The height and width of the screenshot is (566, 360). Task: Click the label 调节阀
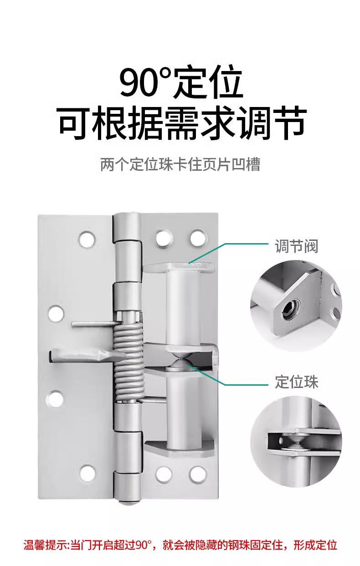tap(296, 246)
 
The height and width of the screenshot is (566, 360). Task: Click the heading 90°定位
tap(181, 82)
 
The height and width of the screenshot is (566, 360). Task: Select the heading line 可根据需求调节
tap(181, 123)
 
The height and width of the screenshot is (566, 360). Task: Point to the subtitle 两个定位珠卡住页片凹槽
tap(180, 164)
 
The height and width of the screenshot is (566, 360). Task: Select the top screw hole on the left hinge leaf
tap(87, 240)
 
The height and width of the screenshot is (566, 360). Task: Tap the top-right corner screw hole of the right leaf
tap(198, 238)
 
